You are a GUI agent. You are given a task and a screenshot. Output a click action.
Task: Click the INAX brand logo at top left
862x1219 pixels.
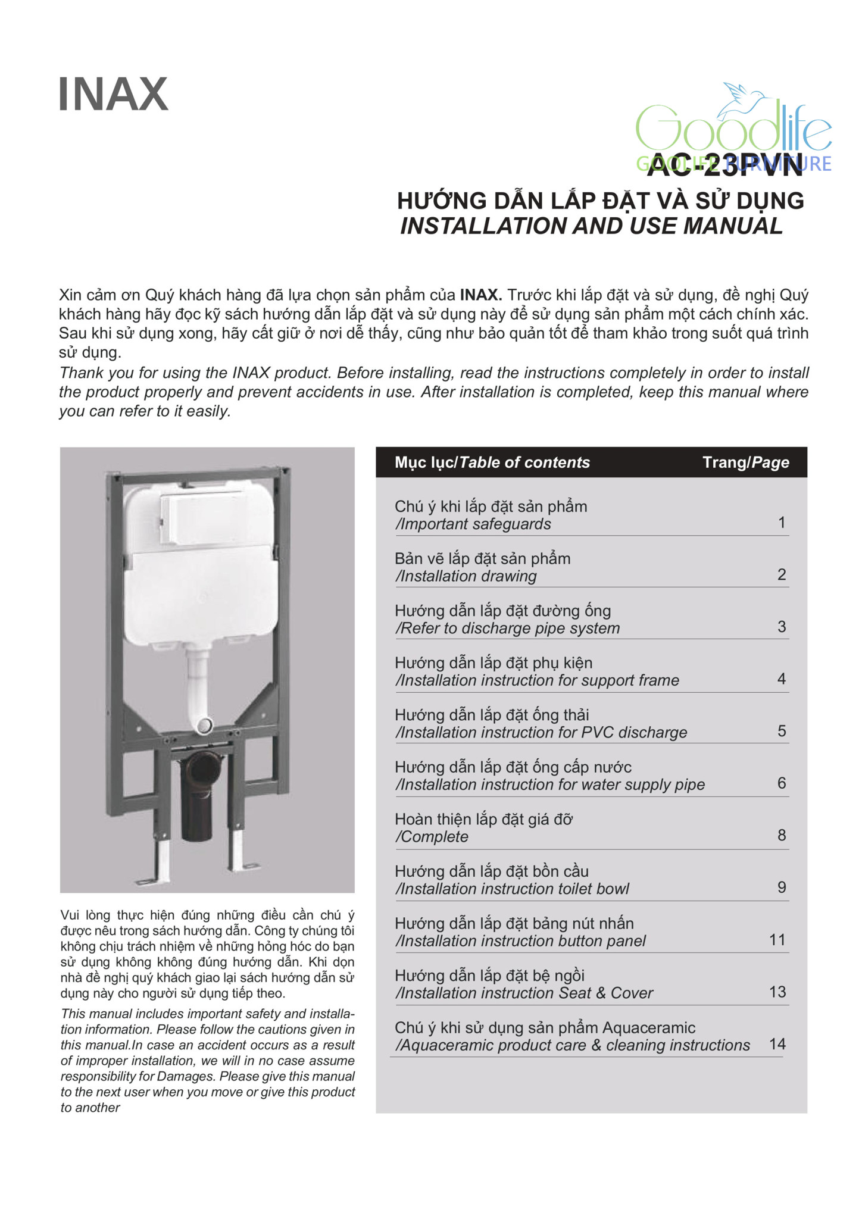[113, 94]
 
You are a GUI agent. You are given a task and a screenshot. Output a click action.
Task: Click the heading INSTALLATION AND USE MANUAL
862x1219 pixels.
[591, 226]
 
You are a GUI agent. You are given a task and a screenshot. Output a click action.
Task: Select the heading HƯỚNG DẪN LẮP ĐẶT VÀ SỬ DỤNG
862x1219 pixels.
[600, 201]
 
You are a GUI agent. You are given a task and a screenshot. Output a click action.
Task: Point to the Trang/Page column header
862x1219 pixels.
[745, 462]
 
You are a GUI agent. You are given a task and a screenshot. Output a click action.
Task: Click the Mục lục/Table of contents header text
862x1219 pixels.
[492, 462]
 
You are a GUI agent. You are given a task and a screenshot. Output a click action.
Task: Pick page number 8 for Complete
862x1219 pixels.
[782, 835]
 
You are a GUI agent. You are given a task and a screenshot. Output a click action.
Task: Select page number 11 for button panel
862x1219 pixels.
[777, 939]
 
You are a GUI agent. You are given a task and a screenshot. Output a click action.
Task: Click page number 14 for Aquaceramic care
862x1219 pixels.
[777, 1043]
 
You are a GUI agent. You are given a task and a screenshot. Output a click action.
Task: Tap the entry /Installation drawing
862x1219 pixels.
[466, 576]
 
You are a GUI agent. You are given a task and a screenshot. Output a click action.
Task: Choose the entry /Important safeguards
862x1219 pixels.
[473, 524]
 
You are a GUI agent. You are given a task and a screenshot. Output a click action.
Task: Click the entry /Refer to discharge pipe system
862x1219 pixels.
[507, 628]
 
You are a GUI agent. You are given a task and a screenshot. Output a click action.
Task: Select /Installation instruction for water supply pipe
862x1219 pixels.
[549, 784]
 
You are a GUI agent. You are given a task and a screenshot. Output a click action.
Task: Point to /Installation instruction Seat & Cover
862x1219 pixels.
[524, 993]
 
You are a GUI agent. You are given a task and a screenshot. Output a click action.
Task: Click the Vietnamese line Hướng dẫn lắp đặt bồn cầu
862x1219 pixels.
[491, 871]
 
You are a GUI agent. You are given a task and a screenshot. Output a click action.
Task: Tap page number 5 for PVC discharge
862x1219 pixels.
[782, 731]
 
